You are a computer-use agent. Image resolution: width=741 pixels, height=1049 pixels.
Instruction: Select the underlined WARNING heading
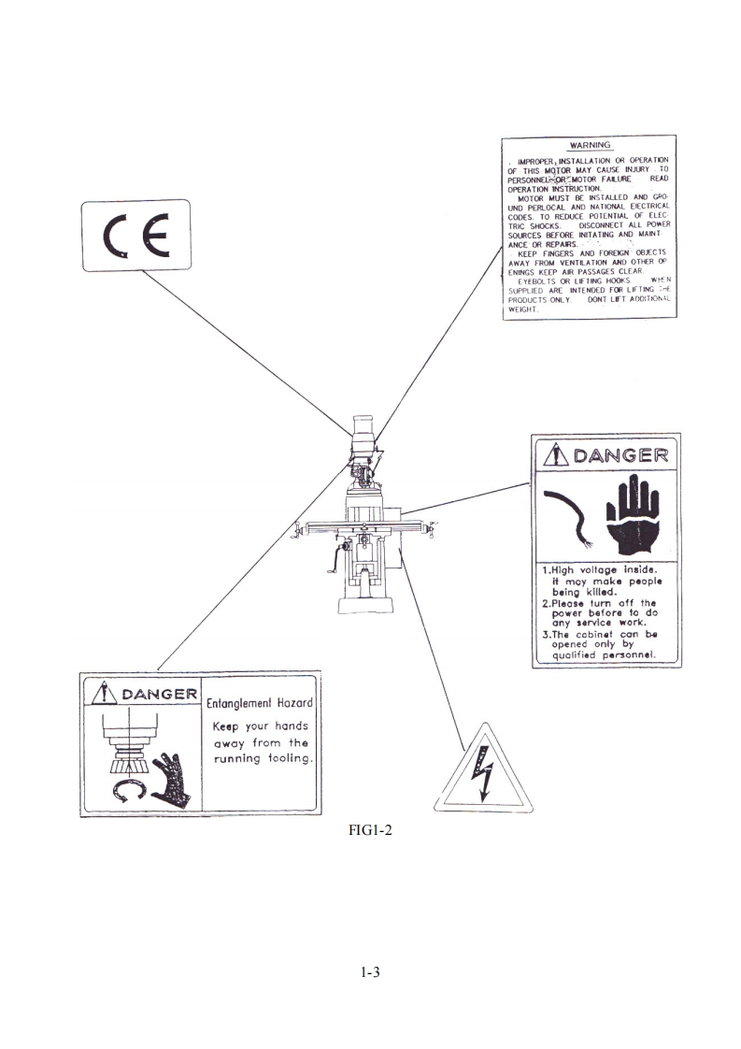[590, 146]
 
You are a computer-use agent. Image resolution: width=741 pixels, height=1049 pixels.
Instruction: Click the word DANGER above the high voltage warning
[620, 455]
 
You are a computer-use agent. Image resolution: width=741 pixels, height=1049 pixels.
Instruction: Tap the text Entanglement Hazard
[261, 703]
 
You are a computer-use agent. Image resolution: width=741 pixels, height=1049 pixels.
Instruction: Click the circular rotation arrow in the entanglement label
[127, 793]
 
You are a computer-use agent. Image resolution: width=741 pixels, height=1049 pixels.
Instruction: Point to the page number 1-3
[370, 973]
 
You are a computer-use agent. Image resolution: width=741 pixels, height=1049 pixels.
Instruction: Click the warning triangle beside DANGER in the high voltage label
[558, 455]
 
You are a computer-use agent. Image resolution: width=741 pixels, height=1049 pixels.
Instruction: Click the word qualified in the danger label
[576, 655]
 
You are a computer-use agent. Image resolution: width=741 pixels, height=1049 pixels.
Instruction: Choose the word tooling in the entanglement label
[286, 758]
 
